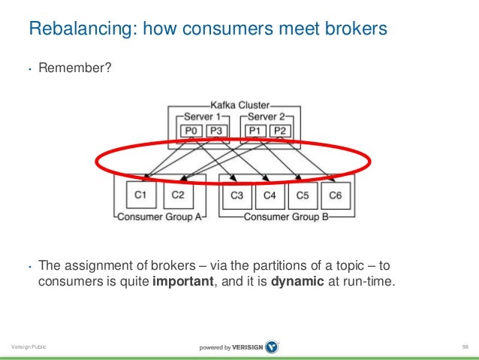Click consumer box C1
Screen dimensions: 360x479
pyautogui.click(x=140, y=196)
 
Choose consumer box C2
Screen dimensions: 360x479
pyautogui.click(x=178, y=196)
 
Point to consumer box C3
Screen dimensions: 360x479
pyautogui.click(x=236, y=196)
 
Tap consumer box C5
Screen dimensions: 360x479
pyautogui.click(x=302, y=196)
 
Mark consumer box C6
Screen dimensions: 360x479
pyautogui.click(x=335, y=196)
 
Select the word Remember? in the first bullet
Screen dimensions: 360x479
pyautogui.click(x=75, y=69)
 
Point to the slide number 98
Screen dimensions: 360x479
pyautogui.click(x=466, y=346)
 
